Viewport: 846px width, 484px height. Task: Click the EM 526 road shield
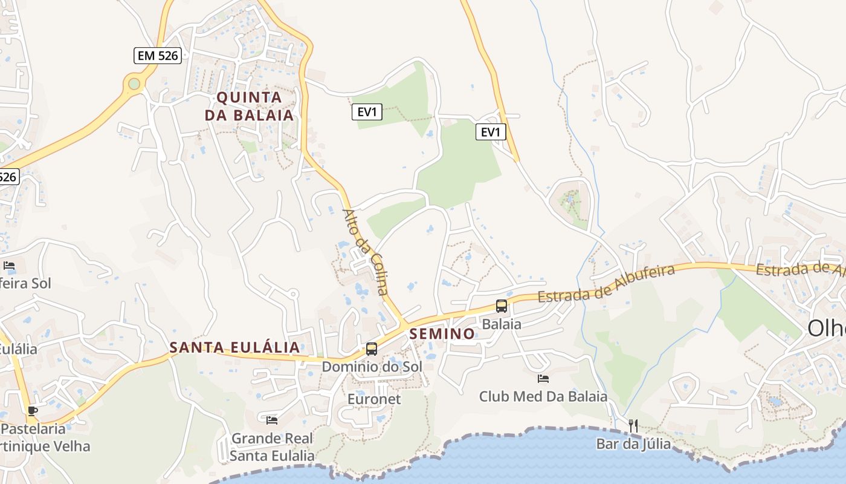(157, 56)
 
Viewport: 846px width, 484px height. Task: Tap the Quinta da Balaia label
(249, 106)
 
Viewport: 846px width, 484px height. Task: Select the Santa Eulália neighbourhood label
(234, 347)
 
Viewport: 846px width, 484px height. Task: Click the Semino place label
(442, 333)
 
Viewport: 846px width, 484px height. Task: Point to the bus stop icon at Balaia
(502, 306)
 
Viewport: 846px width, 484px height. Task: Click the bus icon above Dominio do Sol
(372, 349)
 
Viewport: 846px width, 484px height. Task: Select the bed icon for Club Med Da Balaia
(543, 379)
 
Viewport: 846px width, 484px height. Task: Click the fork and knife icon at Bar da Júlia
(633, 425)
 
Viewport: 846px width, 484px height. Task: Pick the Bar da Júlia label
(633, 443)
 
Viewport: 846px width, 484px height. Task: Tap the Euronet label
(374, 399)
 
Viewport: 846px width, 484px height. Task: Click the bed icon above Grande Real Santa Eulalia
(272, 420)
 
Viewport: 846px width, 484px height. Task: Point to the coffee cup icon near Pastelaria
(32, 411)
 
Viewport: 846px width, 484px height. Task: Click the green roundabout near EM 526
(134, 83)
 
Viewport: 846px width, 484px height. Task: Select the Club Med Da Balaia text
(543, 396)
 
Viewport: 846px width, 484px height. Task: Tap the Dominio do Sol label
(372, 367)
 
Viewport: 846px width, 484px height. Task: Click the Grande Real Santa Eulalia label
(273, 447)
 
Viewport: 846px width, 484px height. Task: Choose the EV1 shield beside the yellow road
(491, 132)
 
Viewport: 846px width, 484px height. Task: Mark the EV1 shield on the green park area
(367, 112)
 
